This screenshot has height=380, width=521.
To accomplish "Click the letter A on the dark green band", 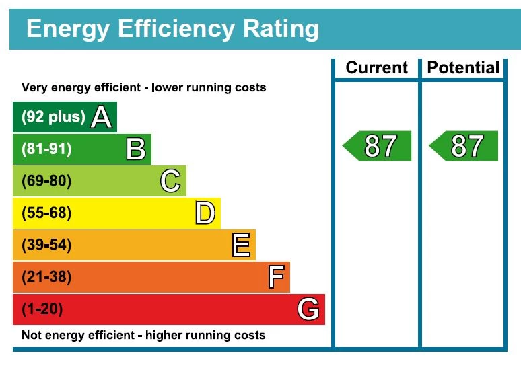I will [x=101, y=118].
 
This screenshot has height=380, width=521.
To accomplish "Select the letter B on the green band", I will [x=136, y=149].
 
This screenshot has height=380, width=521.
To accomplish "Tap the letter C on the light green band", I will [x=171, y=182].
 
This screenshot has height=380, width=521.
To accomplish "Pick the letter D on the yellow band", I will [x=205, y=214].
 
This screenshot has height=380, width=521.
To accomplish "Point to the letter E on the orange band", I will [x=241, y=245].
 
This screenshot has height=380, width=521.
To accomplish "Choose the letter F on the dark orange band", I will [x=276, y=277].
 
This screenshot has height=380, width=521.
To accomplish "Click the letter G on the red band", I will [x=308, y=309].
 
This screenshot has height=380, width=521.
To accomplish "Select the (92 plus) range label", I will [x=53, y=118].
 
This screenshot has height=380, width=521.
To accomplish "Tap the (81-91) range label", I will [x=46, y=149].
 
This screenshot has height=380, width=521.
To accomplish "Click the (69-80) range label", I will [x=46, y=182].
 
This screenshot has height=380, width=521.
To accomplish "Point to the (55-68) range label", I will [x=46, y=214].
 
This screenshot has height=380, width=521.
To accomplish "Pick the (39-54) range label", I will [x=46, y=245].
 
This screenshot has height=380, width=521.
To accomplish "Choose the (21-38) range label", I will [x=46, y=277].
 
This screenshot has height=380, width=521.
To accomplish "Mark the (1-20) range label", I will [x=42, y=309].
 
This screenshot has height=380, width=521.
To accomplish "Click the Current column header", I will [x=376, y=68].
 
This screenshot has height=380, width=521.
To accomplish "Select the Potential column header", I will [x=463, y=68].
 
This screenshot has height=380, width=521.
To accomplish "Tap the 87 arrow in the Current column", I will [x=378, y=146].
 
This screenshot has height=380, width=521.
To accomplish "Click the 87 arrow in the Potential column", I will [x=464, y=146].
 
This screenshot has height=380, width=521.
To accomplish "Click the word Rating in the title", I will [x=279, y=29].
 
